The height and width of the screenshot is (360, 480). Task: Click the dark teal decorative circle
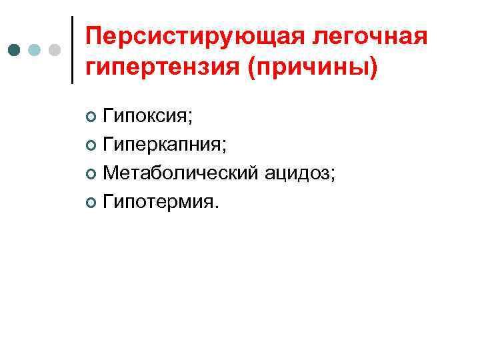point(15,51)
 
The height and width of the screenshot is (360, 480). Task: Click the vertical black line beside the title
point(72,50)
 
